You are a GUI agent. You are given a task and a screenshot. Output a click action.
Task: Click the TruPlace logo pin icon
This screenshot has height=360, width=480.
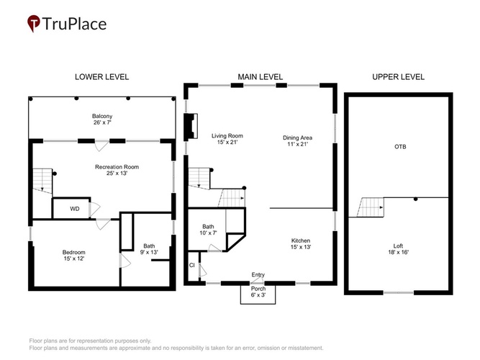click(34, 23)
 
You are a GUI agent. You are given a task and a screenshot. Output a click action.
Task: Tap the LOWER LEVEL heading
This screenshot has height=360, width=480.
click(102, 77)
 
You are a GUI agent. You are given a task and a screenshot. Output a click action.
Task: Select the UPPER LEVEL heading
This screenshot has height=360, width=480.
click(398, 77)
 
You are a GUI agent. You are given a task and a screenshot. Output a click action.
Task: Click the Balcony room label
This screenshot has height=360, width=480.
click(102, 120)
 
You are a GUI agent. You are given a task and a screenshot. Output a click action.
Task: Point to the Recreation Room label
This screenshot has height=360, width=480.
click(117, 170)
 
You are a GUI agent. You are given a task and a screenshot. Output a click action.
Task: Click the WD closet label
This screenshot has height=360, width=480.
click(75, 209)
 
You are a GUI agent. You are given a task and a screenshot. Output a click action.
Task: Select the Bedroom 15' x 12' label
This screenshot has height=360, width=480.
click(74, 255)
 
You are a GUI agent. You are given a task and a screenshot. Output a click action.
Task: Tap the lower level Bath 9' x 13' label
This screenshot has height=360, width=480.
click(149, 249)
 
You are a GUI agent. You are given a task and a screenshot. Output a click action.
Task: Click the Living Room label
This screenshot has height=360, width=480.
click(227, 139)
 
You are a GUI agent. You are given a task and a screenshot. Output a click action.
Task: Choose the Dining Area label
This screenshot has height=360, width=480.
click(297, 140)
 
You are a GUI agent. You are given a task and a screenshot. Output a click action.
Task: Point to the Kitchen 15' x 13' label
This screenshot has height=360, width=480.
click(301, 243)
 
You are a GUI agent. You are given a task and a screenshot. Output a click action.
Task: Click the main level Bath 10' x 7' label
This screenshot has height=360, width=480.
click(208, 230)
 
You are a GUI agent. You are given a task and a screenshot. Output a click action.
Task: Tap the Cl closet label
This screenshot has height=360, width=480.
click(191, 266)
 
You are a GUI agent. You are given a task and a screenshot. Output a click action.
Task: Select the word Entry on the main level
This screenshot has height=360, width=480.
click(258, 275)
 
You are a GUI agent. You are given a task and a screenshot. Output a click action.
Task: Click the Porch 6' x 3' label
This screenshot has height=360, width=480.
click(258, 292)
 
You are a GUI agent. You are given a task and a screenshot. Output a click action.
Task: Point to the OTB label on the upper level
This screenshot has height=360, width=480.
click(400, 147)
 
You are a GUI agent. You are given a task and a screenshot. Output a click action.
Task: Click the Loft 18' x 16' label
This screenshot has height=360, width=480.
click(398, 249)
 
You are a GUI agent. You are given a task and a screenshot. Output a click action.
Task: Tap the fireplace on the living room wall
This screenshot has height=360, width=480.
click(191, 126)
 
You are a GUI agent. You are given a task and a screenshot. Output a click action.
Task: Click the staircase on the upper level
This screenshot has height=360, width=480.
click(371, 207)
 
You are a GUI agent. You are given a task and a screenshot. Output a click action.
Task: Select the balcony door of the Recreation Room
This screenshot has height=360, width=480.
click(102, 145)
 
